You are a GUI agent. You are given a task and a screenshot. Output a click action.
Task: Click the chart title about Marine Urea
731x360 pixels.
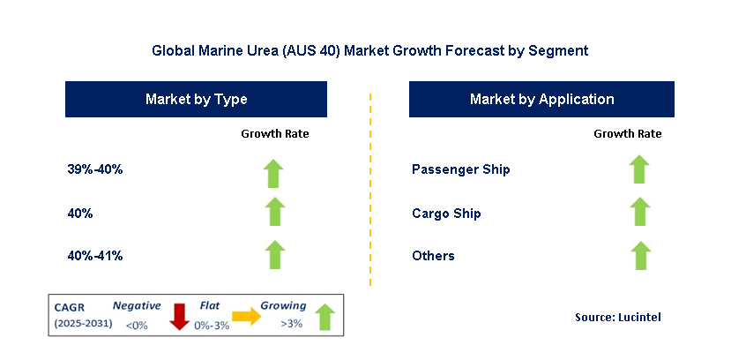(x=370, y=50)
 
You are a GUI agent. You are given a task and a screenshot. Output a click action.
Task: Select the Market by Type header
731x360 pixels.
(x=196, y=99)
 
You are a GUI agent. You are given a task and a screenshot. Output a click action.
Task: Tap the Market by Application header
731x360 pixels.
(x=541, y=99)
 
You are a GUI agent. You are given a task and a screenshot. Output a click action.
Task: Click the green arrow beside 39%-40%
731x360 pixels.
(x=273, y=174)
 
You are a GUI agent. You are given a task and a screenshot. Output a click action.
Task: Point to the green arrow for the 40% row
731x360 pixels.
(x=274, y=211)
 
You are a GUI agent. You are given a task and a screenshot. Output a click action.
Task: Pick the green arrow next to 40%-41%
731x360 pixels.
(x=274, y=255)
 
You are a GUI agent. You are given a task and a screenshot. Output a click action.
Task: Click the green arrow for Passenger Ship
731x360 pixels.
(x=639, y=169)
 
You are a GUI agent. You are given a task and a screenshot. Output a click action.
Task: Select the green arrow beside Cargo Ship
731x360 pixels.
(x=640, y=211)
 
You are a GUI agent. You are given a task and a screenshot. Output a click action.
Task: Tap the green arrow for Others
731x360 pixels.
(x=641, y=256)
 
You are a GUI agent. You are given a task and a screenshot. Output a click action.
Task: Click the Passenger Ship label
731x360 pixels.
(x=460, y=169)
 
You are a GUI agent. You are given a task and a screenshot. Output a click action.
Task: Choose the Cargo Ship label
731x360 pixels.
(x=446, y=214)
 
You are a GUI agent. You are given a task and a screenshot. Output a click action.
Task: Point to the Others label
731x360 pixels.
(x=433, y=256)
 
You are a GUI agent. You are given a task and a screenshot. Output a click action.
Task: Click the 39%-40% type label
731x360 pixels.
(x=95, y=169)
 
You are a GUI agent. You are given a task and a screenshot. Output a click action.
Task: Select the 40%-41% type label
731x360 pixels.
(x=95, y=256)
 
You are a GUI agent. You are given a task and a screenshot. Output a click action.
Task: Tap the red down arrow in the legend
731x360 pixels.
(x=179, y=317)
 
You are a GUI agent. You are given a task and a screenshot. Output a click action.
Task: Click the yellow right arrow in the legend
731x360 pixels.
(x=247, y=316)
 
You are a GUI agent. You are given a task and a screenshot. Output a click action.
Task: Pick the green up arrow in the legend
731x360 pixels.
(x=325, y=317)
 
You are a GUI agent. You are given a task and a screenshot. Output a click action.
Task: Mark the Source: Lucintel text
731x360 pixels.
(x=618, y=317)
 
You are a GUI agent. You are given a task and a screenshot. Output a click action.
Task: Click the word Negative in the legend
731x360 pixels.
(x=137, y=306)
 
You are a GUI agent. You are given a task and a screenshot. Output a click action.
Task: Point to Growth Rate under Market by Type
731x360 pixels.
(x=274, y=134)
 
